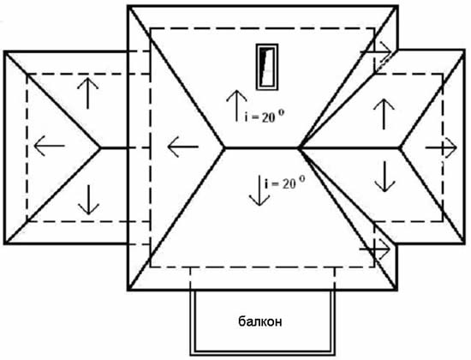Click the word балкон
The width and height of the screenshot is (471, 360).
coord(260,321)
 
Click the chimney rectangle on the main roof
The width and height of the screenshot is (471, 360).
coord(267,67)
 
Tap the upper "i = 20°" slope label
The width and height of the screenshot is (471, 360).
coord(265,117)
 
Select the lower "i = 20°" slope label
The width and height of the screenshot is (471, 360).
coord(285,183)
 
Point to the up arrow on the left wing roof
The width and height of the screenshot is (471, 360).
coord(87,93)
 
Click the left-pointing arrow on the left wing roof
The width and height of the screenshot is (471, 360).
coord(50,146)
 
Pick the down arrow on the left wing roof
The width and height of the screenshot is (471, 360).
coord(88,200)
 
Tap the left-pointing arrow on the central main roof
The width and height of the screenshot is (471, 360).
coord(183,147)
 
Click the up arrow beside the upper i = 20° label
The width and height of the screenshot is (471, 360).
coord(236,105)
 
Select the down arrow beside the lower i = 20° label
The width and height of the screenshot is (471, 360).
coord(259,190)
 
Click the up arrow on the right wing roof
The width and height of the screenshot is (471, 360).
coord(384,114)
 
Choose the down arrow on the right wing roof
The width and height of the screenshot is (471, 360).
coord(385,177)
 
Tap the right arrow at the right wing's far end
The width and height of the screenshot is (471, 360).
coord(441,147)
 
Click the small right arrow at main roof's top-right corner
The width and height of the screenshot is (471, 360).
coord(376,51)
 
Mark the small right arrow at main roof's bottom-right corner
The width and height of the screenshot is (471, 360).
coord(375,249)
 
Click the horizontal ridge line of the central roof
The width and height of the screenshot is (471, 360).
coord(261,147)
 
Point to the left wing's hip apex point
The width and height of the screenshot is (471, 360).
coord(101,147)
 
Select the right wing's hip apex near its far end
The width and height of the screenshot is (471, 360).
coord(400,147)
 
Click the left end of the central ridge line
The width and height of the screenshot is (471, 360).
coord(224,147)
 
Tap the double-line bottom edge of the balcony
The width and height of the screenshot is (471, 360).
coord(263,353)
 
